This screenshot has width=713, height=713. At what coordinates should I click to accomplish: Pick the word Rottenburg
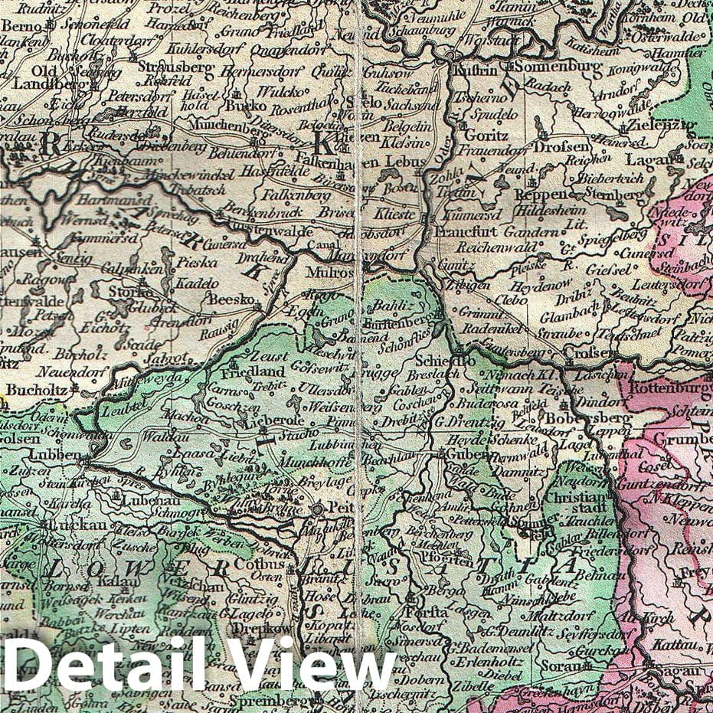(x=669, y=388)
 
